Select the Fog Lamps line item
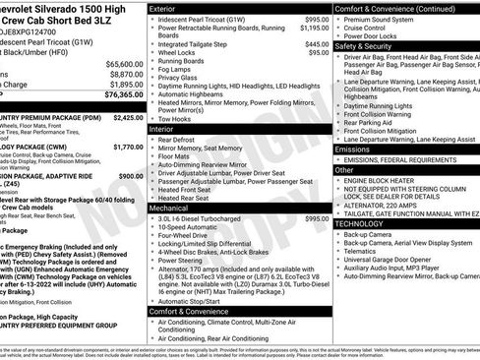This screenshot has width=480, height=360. pyautogui.click(x=178, y=69)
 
